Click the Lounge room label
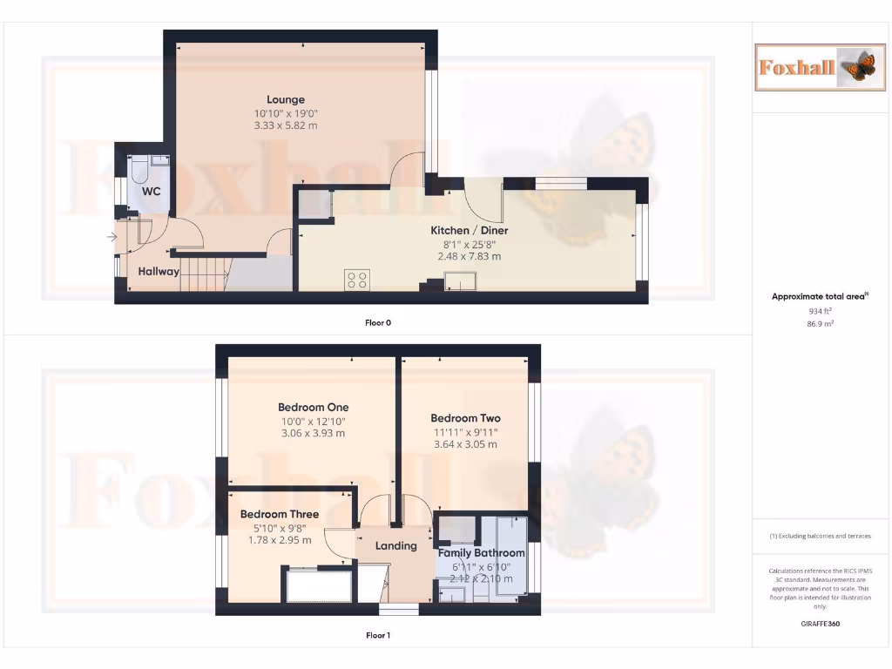click(x=285, y=99)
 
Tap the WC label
click(x=152, y=191)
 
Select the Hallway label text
click(x=159, y=271)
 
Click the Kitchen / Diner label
click(x=470, y=231)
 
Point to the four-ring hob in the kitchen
click(x=357, y=280)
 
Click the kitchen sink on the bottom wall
click(x=459, y=280)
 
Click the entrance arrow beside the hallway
click(x=112, y=236)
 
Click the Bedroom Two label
click(x=465, y=418)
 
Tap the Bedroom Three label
click(x=280, y=514)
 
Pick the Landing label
click(x=395, y=546)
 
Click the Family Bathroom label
click(x=481, y=553)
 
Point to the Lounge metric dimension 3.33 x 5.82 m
click(x=286, y=125)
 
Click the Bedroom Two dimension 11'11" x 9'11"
click(x=465, y=431)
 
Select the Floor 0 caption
click(x=378, y=322)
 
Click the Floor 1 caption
click(x=378, y=635)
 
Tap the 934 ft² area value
click(x=820, y=310)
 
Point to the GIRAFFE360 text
click(x=820, y=624)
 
